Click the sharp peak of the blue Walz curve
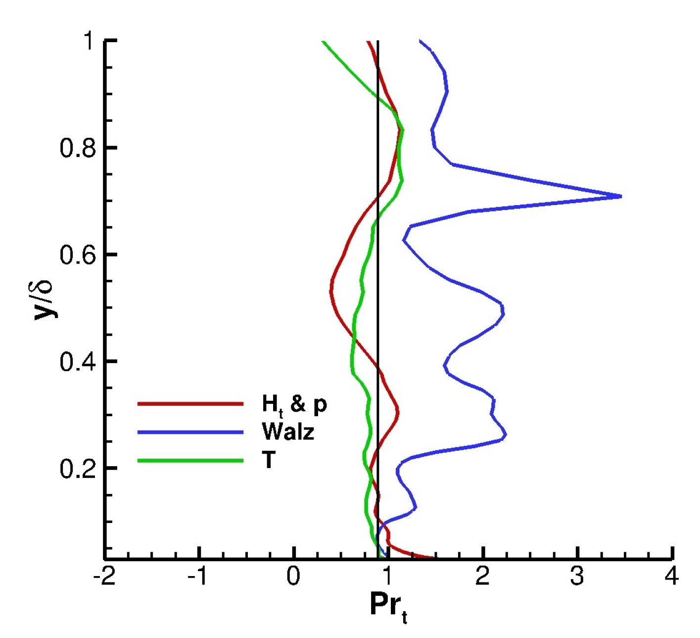pos(620,197)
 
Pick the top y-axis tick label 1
pos(89,41)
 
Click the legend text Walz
pos(288,432)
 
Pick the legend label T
pos(269,460)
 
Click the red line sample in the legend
pos(190,404)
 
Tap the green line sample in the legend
pos(190,461)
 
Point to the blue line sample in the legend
pos(190,432)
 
